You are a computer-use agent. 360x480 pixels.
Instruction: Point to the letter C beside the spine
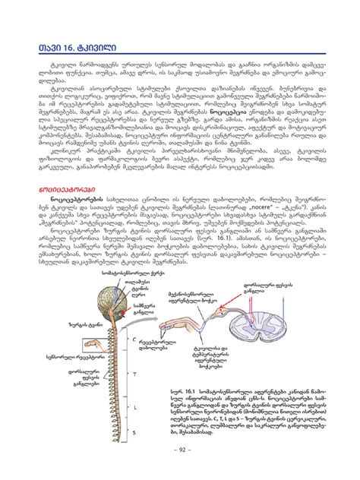(134, 339)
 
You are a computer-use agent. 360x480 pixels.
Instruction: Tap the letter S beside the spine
(134, 431)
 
